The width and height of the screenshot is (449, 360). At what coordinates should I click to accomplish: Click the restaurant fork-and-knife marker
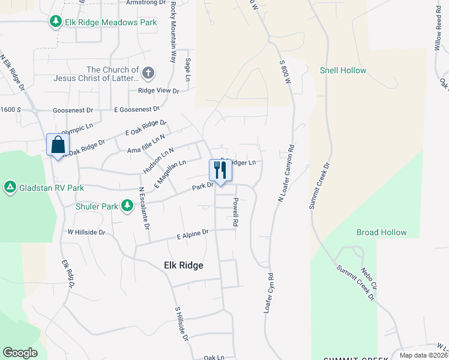pyautogui.click(x=220, y=170)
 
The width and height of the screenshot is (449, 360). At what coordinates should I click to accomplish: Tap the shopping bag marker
pyautogui.click(x=58, y=145)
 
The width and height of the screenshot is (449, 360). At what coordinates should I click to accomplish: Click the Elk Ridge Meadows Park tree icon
pyautogui.click(x=56, y=22)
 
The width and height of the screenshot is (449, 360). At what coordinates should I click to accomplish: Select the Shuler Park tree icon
pyautogui.click(x=127, y=206)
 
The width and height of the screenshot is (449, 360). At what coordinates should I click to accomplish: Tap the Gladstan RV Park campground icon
pyautogui.click(x=10, y=188)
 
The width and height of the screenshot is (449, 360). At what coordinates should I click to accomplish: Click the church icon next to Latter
pyautogui.click(x=148, y=74)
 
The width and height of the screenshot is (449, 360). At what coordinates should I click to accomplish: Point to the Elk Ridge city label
pyautogui.click(x=183, y=265)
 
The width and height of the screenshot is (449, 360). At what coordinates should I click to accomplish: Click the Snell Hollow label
pyautogui.click(x=343, y=71)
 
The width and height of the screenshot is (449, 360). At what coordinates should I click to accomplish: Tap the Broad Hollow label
pyautogui.click(x=381, y=232)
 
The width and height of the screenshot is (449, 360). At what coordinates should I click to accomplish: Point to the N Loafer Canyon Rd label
pyautogui.click(x=286, y=173)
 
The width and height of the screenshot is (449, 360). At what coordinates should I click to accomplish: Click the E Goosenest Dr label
pyautogui.click(x=137, y=110)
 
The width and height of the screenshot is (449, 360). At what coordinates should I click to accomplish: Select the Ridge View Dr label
pyautogui.click(x=158, y=91)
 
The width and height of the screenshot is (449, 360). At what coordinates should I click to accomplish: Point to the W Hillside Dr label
pyautogui.click(x=86, y=232)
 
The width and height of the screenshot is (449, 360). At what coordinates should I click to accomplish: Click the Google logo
pyautogui.click(x=20, y=353)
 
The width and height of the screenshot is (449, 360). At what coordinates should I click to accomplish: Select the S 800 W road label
pyautogui.click(x=285, y=71)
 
